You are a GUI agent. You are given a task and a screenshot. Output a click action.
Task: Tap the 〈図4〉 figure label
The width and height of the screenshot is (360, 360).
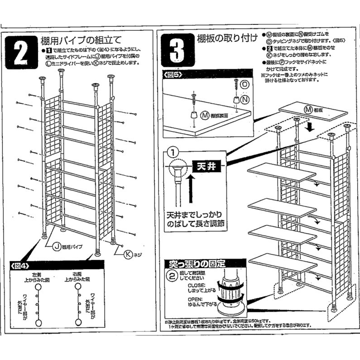(x=20, y=265)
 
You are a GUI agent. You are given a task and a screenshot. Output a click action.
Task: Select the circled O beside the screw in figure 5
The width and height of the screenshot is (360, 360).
(x=245, y=85)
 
